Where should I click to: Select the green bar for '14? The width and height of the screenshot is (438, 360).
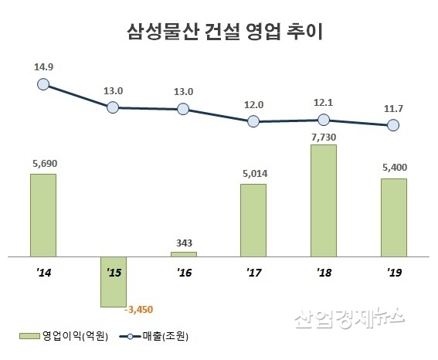(x=42, y=214)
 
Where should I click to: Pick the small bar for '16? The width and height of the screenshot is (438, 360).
(x=183, y=253)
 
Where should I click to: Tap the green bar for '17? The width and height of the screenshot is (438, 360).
(x=253, y=219)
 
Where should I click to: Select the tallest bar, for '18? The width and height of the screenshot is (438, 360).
(x=323, y=199)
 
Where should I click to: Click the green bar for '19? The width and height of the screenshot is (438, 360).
(x=393, y=216)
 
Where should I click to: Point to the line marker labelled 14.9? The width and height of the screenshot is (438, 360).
(x=43, y=85)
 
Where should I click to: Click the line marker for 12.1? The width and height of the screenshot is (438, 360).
(x=324, y=120)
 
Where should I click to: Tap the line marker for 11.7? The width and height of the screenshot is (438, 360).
(x=393, y=125)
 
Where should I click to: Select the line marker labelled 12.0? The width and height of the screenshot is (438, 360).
(x=253, y=121)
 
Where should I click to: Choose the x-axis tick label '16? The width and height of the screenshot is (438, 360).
(x=183, y=273)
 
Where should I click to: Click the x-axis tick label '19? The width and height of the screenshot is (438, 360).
(x=393, y=273)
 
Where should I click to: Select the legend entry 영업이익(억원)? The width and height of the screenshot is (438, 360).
(x=66, y=337)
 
